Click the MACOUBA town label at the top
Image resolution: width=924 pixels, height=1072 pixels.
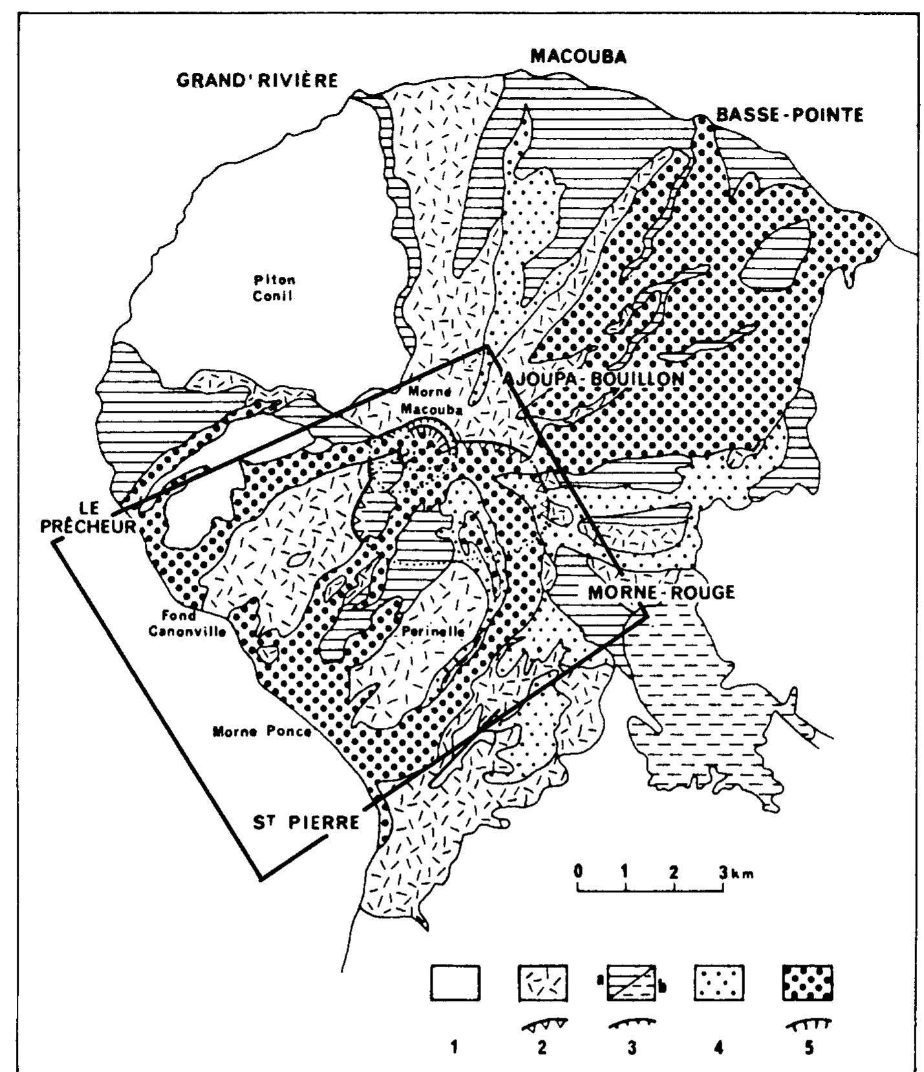click(x=578, y=56)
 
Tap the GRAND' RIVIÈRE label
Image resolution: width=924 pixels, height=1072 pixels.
click(x=258, y=81)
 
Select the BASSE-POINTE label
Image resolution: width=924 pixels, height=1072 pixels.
click(x=789, y=115)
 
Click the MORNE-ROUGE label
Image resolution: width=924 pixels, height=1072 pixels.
click(x=661, y=592)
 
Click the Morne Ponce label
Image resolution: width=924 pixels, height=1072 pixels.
click(x=262, y=732)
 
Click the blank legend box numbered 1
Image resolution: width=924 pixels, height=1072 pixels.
click(x=455, y=983)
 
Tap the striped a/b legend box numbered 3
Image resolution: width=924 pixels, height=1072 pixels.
click(x=630, y=983)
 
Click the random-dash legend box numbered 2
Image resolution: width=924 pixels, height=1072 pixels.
click(x=543, y=983)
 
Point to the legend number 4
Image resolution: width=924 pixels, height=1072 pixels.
click(x=718, y=1047)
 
